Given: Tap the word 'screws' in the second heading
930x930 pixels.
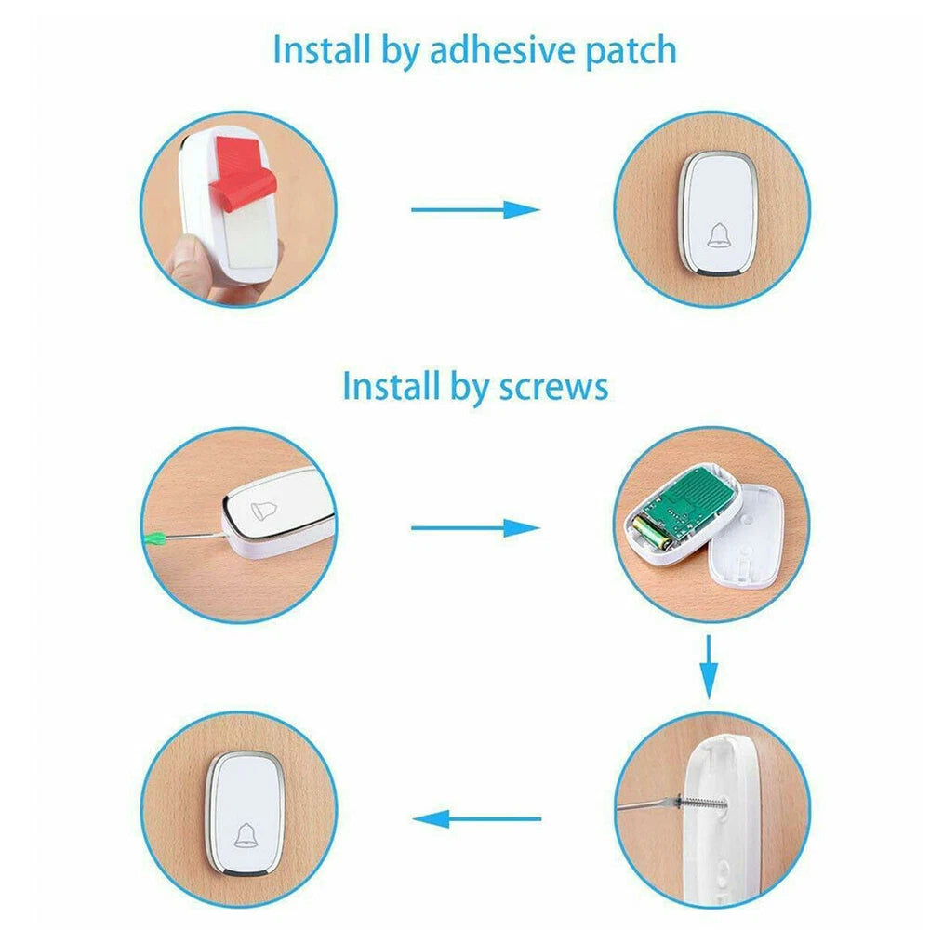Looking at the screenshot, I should [x=552, y=385].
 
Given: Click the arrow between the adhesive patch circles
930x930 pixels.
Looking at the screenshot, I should [x=474, y=209].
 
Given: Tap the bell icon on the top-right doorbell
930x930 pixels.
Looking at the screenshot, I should [x=719, y=236].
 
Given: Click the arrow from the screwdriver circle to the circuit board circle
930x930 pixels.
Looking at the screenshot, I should [x=474, y=528].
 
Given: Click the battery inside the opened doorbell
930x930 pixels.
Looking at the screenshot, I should [x=650, y=534].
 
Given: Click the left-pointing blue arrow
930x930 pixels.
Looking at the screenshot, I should [x=476, y=819].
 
